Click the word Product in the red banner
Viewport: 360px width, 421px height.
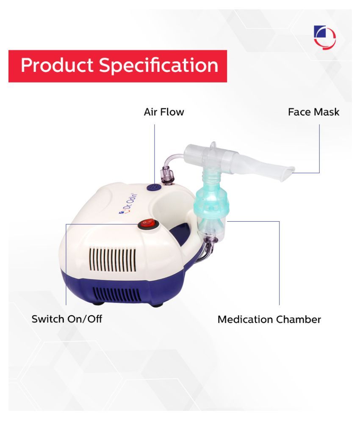tap(57, 66)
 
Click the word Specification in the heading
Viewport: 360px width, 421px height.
tap(159, 66)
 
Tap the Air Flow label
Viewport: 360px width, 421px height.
tap(164, 112)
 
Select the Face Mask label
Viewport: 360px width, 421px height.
tap(313, 112)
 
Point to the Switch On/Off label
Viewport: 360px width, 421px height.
tap(67, 319)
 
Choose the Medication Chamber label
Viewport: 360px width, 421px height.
tap(269, 319)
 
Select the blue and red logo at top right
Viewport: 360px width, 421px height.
tap(324, 37)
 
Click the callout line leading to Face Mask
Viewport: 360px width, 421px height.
tap(319, 148)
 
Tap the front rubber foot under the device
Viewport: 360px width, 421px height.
tap(97, 303)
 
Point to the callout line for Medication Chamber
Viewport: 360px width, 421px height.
tap(279, 262)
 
